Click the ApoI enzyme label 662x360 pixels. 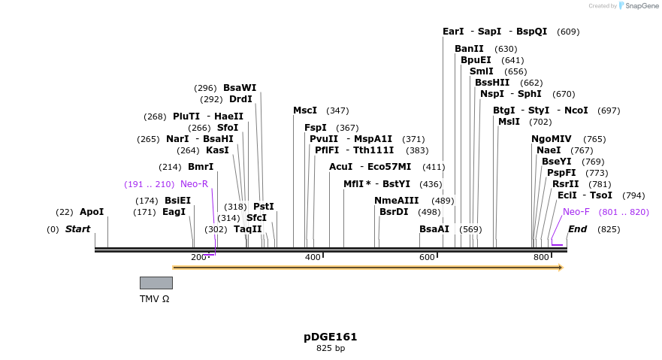[x=92, y=212]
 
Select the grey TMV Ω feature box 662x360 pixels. [x=156, y=283]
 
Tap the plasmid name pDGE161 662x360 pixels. [x=331, y=336]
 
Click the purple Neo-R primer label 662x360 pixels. [x=194, y=184]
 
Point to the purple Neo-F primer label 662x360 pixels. [x=576, y=212]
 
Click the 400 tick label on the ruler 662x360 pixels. [x=313, y=258]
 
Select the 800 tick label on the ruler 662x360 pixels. [x=541, y=258]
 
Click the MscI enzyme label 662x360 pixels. [x=305, y=110]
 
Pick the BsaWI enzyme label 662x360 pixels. [x=240, y=88]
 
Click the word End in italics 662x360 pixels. [x=577, y=229]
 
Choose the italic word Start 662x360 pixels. [x=77, y=229]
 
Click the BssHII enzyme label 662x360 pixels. [x=492, y=83]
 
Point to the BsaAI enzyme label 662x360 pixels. [x=434, y=229]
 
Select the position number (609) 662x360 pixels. [x=568, y=32]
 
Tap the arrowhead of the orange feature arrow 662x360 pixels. [x=560, y=268]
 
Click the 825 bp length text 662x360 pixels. [x=331, y=349]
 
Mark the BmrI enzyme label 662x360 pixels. [x=201, y=167]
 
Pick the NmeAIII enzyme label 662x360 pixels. [x=397, y=201]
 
